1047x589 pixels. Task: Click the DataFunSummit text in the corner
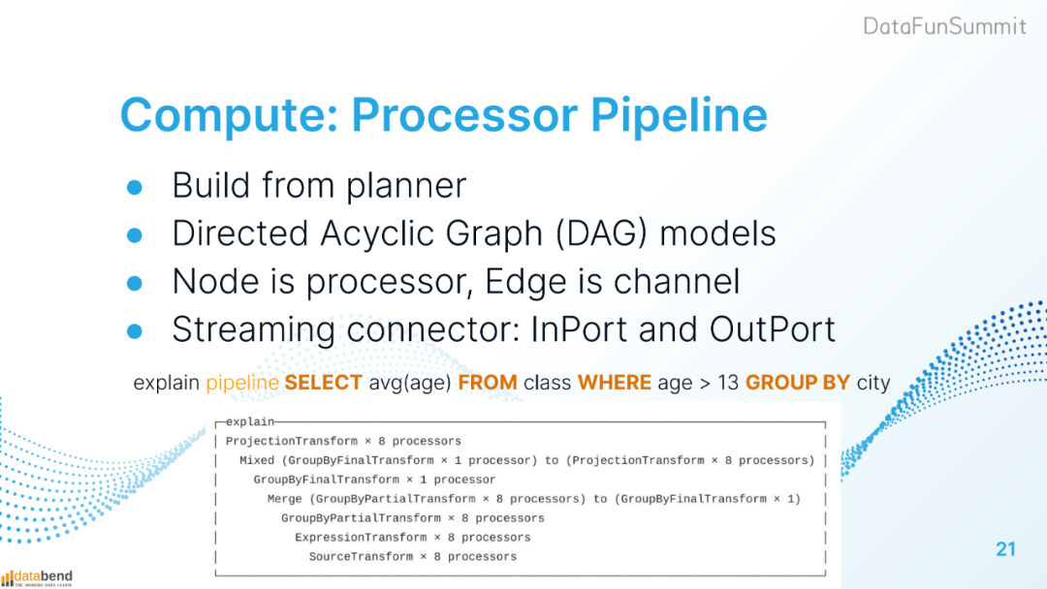click(945, 26)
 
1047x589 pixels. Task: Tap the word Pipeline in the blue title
click(679, 115)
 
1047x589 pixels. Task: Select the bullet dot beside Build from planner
click(134, 187)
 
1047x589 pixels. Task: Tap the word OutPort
click(773, 328)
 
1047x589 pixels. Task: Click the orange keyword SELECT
click(323, 383)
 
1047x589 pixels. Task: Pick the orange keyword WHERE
click(615, 383)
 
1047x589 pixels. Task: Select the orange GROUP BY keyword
click(797, 383)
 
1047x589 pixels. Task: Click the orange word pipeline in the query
click(242, 383)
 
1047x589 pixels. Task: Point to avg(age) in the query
click(410, 383)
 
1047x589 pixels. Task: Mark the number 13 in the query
click(728, 383)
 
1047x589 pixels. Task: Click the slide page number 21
click(1005, 549)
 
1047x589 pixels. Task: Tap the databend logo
click(37, 577)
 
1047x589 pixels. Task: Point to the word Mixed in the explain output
click(257, 460)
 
